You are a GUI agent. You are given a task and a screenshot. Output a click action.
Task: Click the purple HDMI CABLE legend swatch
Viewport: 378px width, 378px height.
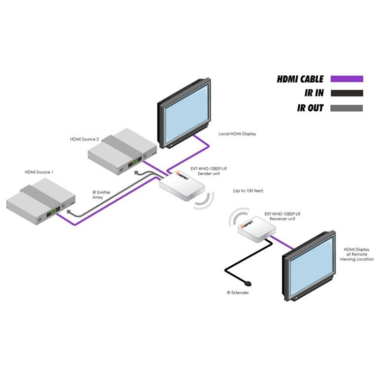click(346, 79)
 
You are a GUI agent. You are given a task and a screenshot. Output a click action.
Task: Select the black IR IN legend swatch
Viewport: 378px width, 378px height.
click(346, 93)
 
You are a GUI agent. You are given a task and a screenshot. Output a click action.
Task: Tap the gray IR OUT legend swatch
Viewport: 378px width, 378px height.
click(346, 108)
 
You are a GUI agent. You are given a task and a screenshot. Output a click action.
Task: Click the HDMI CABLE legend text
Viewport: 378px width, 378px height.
click(300, 79)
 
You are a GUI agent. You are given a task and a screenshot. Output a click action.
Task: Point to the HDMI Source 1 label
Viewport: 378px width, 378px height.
click(39, 172)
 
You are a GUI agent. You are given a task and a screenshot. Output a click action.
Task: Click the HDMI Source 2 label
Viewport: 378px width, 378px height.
click(85, 139)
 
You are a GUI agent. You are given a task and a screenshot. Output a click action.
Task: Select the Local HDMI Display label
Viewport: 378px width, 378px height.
click(237, 134)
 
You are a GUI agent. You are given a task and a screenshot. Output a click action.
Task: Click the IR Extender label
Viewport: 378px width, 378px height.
click(238, 293)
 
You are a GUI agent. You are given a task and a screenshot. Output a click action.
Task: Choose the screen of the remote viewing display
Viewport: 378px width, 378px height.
click(310, 268)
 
